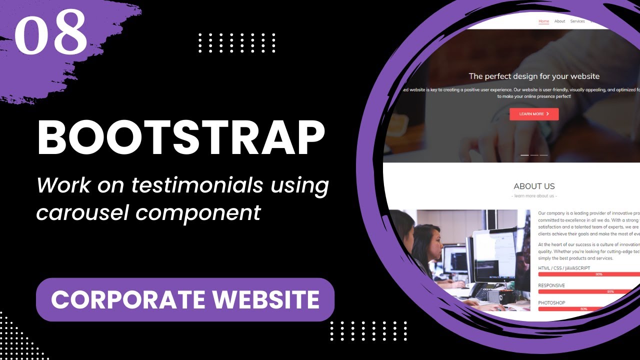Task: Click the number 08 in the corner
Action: point(51,32)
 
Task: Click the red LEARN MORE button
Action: point(534,114)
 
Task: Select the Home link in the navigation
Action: point(543,21)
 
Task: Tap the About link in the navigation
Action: point(559,21)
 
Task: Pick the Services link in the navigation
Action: point(577,21)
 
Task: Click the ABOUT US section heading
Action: point(534,186)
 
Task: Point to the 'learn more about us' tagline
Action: point(534,196)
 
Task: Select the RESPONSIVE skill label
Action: point(551,285)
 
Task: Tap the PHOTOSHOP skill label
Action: point(551,302)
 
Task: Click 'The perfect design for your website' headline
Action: point(534,76)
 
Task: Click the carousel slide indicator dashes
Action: point(534,155)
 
